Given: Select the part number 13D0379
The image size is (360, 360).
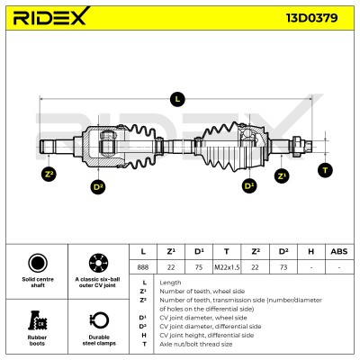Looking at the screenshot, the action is point(312,18).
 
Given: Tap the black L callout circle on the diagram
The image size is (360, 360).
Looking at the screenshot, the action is point(177,99).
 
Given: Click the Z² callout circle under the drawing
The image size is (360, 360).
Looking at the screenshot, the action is point(49,175).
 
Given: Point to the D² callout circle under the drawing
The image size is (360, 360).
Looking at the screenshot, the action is point(98,187).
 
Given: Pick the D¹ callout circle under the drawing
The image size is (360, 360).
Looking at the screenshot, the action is point(249,185).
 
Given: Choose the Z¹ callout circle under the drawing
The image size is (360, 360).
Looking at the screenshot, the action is point(282,175).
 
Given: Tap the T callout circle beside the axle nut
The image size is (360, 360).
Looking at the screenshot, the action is point(325,170).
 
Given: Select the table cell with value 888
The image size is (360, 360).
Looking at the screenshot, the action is point(143,267).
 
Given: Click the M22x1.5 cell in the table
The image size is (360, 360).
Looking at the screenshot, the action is point(227,267).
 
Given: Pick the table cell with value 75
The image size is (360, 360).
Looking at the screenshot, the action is point(199,267).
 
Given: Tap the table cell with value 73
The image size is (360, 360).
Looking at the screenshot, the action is point(283,267).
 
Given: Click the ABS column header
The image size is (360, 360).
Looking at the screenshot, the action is point(339,251).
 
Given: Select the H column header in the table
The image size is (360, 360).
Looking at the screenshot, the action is point(311,251).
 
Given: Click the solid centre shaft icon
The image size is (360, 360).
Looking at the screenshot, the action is point(38,263).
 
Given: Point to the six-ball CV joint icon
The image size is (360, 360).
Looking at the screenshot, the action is point(98,263).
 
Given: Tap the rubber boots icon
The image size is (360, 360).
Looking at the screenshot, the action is point(38,320).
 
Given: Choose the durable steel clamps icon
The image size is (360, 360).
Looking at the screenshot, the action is point(99,321).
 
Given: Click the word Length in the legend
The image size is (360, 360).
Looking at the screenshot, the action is point(170,283).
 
